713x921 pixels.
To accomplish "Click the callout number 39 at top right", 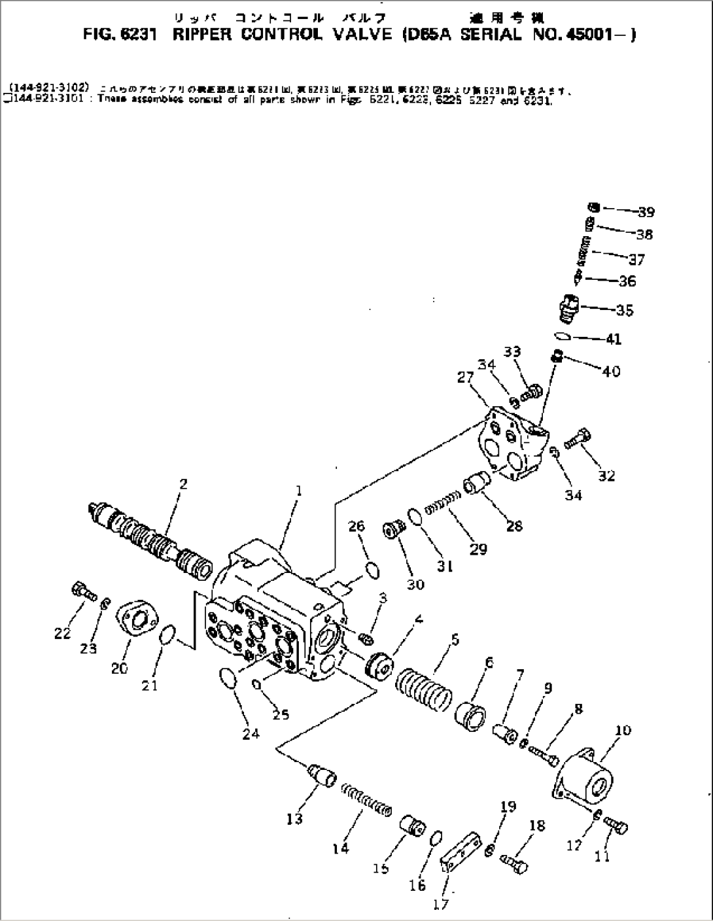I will [x=646, y=212].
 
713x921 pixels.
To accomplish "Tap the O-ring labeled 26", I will [x=372, y=570].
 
